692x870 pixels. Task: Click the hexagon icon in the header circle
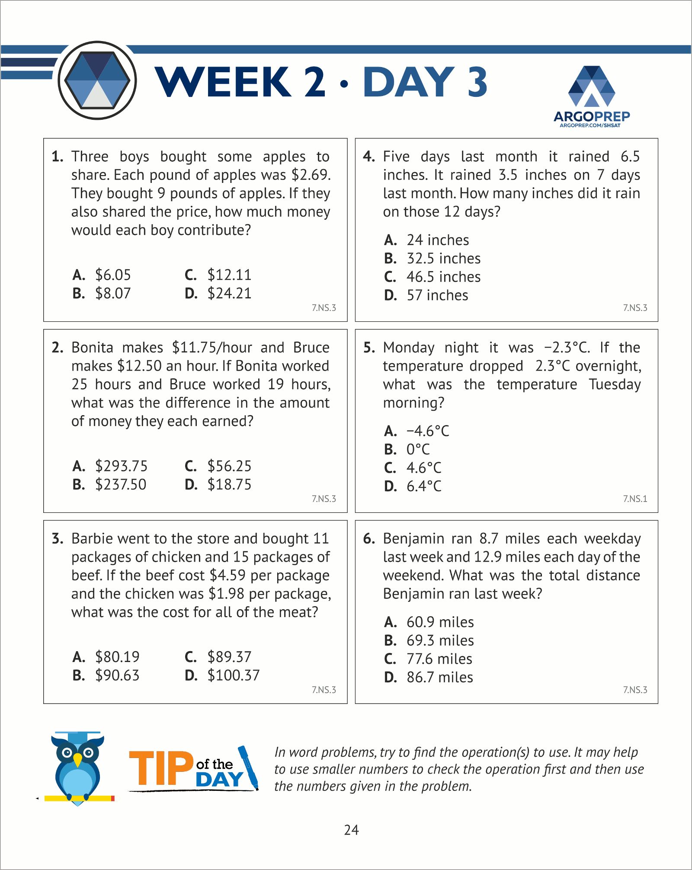tap(97, 80)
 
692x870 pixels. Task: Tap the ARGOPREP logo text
tap(591, 116)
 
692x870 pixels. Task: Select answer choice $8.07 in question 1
tap(112, 293)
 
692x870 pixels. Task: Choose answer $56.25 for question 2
tap(229, 466)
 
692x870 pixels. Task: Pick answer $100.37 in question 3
tap(233, 675)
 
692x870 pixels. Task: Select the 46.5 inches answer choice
tap(443, 277)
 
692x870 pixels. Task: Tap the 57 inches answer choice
tap(437, 295)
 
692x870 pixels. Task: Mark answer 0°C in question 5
tap(418, 449)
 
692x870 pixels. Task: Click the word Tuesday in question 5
tap(615, 384)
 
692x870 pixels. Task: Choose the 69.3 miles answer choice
tap(440, 640)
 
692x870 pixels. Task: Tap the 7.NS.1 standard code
tap(635, 499)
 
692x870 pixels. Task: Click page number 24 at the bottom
tap(351, 830)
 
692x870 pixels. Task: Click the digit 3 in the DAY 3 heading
tap(477, 82)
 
